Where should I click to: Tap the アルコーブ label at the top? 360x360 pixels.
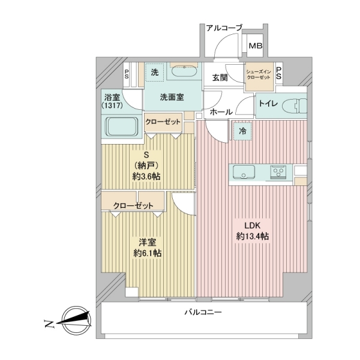(223, 28)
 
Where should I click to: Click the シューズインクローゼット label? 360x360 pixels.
(259, 75)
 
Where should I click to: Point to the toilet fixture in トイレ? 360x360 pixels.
(292, 104)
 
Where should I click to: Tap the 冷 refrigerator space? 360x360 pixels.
(243, 130)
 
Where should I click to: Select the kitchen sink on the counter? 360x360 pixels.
(245, 173)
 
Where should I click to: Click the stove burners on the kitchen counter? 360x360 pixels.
(279, 173)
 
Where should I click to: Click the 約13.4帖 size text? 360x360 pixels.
(252, 236)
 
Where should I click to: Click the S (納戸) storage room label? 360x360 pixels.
(146, 165)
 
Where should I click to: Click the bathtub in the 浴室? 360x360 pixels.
(122, 127)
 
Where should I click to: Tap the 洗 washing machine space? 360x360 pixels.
(154, 73)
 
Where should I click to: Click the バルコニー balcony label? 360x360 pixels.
(203, 313)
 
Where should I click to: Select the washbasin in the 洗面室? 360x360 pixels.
(184, 73)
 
